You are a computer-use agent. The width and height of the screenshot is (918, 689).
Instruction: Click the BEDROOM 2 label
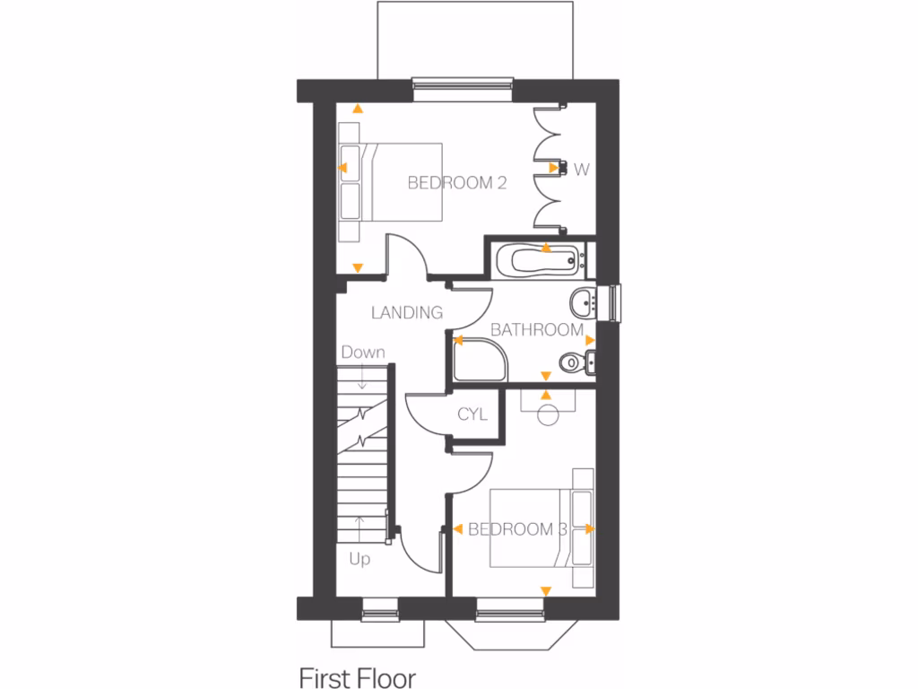[x=457, y=183]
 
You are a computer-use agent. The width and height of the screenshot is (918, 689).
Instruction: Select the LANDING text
[x=407, y=313]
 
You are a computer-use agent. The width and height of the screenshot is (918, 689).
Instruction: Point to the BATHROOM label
[x=537, y=330]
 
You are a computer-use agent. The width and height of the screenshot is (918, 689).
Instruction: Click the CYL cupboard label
[x=472, y=414]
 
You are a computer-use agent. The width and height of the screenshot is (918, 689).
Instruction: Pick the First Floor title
[x=358, y=675]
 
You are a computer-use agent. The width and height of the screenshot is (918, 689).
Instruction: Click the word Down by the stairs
[x=362, y=353]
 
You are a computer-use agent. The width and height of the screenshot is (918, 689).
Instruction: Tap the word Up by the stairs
[x=359, y=559]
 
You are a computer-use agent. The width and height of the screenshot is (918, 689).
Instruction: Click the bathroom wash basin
[x=584, y=301]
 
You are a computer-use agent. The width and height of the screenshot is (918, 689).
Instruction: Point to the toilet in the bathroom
[x=576, y=362]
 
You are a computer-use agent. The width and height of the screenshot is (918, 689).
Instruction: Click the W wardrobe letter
[x=582, y=168]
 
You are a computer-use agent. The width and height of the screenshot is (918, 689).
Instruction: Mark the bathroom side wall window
[x=615, y=301]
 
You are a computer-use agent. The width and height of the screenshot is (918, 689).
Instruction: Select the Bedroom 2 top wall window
[x=463, y=85]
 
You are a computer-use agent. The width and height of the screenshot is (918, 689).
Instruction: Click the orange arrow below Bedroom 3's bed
[x=544, y=589]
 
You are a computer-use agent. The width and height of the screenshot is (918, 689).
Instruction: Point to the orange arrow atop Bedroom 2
[x=358, y=109]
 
